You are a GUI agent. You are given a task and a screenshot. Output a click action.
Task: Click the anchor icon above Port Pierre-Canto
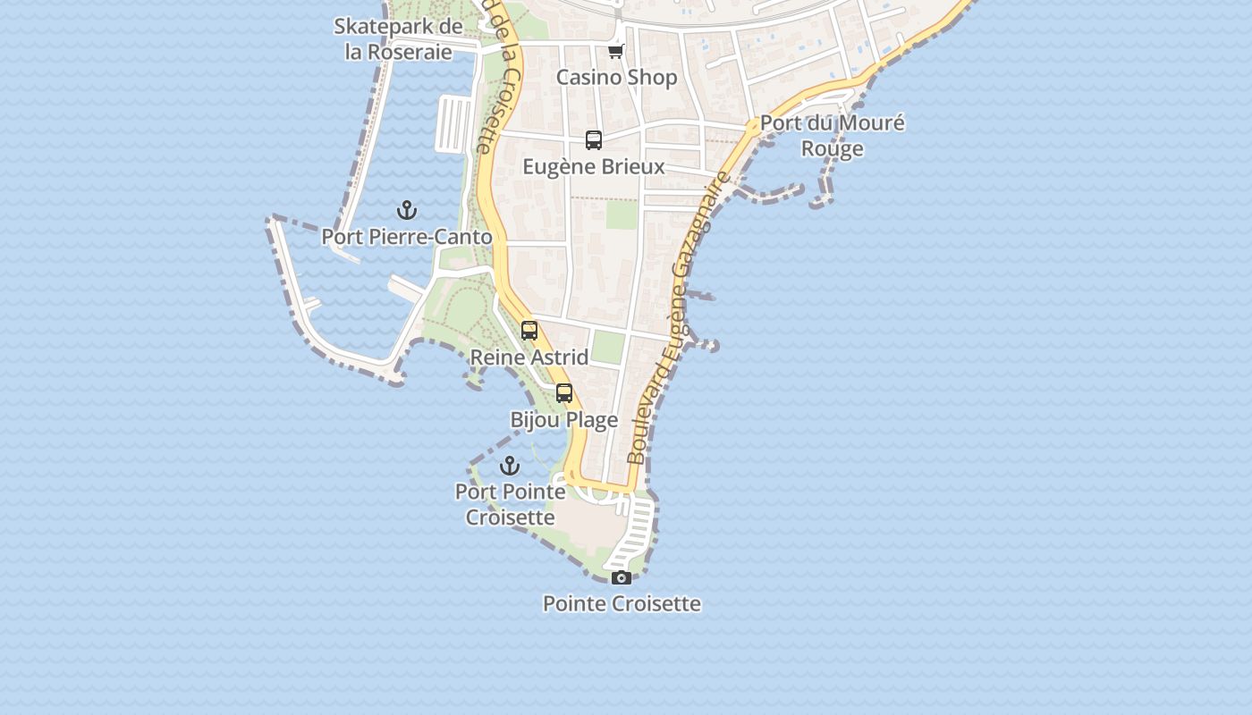[x=407, y=211]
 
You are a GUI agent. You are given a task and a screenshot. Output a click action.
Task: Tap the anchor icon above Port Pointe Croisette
[x=509, y=466]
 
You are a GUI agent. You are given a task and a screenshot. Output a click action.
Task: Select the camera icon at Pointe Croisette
[x=622, y=578]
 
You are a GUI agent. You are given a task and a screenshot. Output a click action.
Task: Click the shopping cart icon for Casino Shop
[x=615, y=51]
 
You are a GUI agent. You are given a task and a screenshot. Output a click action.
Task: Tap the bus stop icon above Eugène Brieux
[x=594, y=140]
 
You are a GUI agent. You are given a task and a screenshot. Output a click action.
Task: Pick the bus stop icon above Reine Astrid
[x=529, y=331]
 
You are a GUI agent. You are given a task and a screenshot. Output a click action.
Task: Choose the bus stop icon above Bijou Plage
[x=564, y=393]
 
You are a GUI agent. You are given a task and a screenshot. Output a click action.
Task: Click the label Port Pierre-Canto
[x=407, y=237]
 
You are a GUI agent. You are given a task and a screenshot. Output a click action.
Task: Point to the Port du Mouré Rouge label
[x=832, y=136]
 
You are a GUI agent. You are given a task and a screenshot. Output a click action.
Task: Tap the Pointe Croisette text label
[x=622, y=603]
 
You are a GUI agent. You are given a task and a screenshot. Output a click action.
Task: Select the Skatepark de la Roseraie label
[x=398, y=38]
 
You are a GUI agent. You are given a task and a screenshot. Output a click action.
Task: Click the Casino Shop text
[x=617, y=78]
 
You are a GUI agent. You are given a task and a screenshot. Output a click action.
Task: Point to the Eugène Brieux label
[x=594, y=167]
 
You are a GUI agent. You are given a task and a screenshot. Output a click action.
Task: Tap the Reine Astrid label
[x=529, y=357]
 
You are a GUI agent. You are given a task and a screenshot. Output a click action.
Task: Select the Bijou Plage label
[x=564, y=420]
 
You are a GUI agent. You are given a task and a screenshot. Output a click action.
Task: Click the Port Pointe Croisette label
[x=511, y=504]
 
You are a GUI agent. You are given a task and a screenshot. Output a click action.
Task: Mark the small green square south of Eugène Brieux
[x=619, y=214]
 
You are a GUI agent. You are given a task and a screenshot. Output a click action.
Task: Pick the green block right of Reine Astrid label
[x=608, y=347]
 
